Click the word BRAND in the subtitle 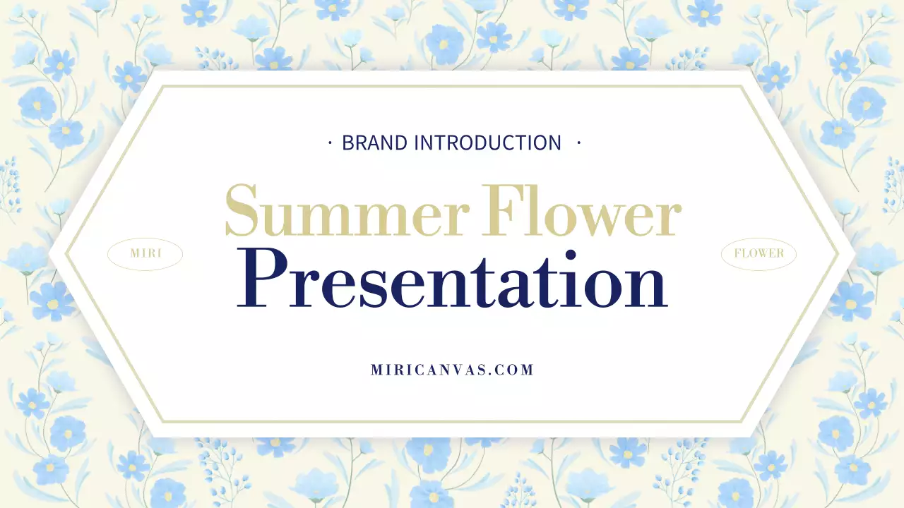tap(374, 143)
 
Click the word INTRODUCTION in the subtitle tap(487, 143)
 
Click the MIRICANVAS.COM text tap(452, 370)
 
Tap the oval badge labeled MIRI tap(145, 254)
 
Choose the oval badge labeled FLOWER tap(759, 254)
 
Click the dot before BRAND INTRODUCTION tap(330, 143)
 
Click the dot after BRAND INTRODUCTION tap(578, 143)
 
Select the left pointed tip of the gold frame tap(67, 254)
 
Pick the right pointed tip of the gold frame tap(838, 254)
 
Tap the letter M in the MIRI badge tap(136, 254)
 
